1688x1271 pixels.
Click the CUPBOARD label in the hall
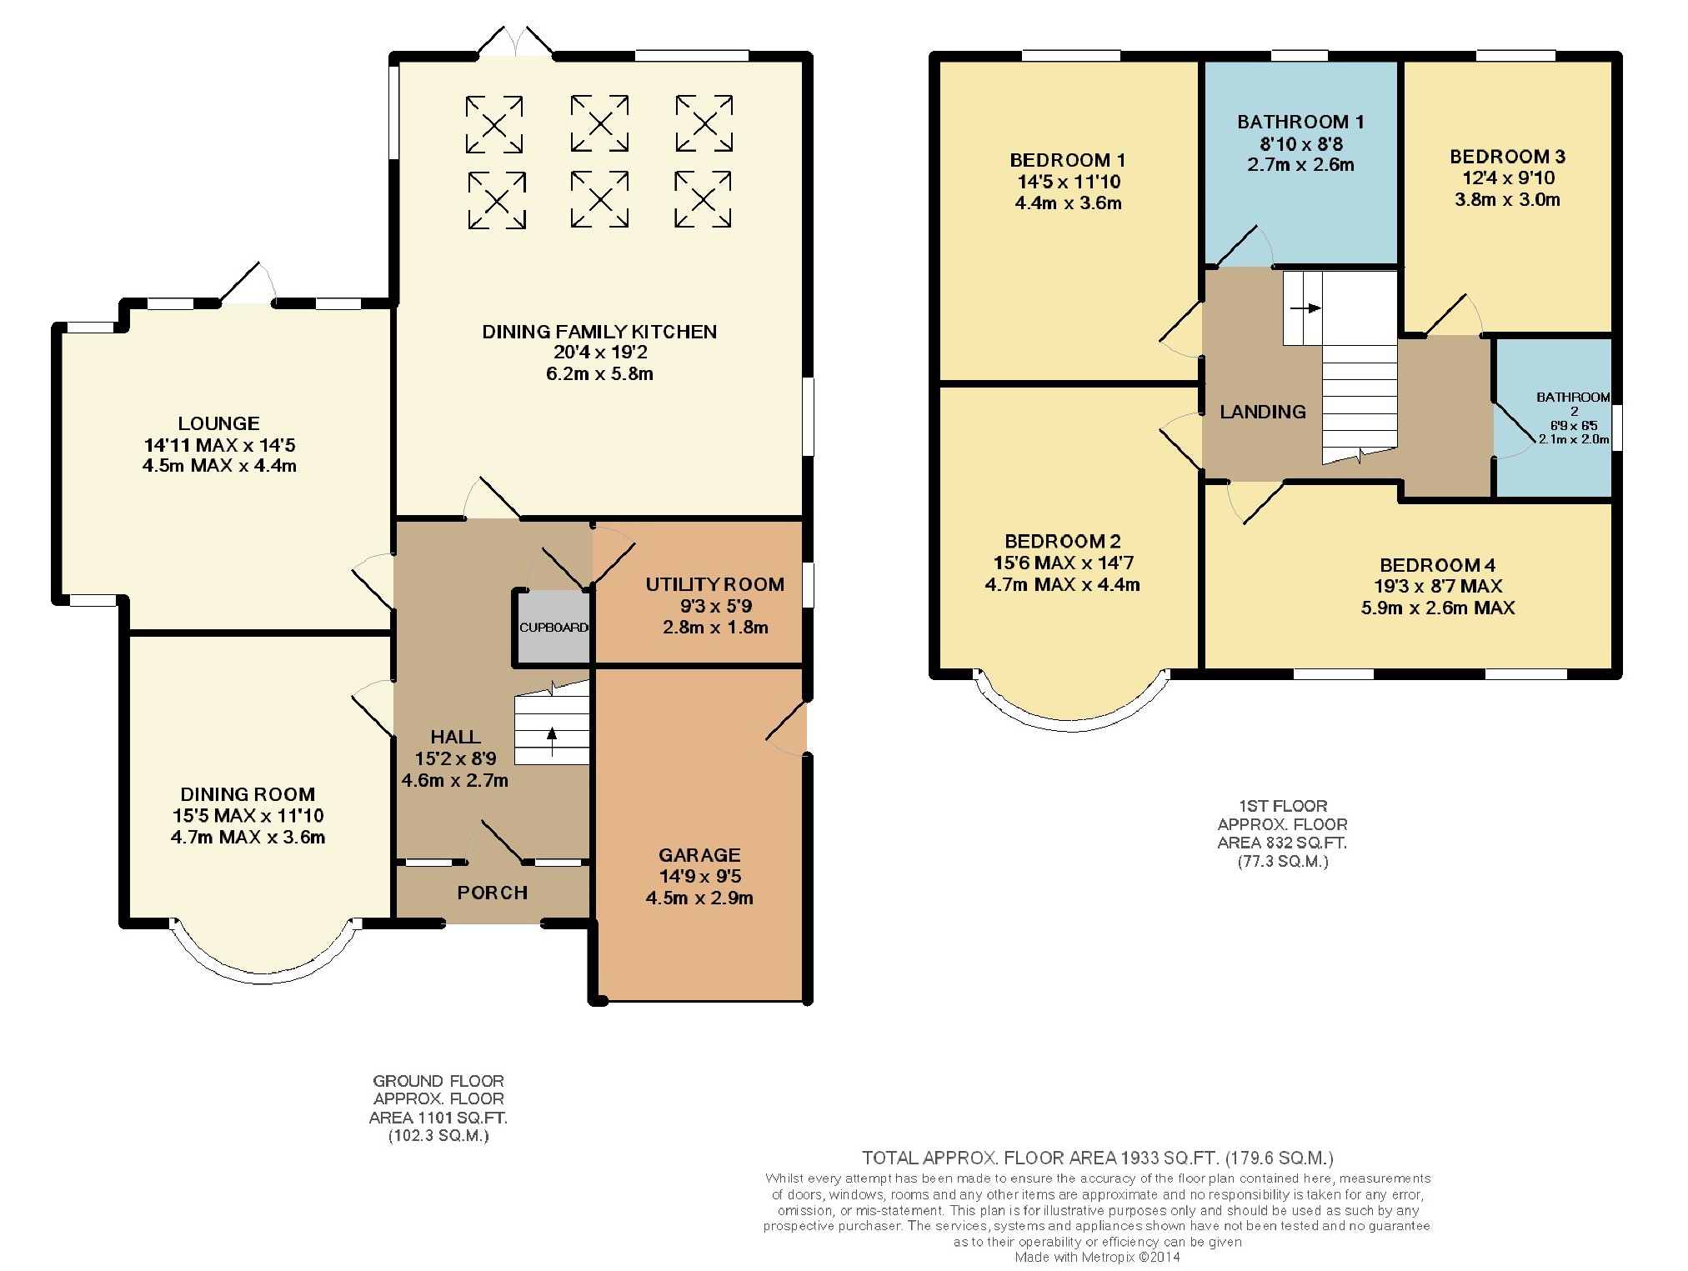(553, 628)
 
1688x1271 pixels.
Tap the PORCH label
(493, 893)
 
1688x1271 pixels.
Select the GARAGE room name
(699, 855)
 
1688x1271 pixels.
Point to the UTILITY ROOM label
(715, 584)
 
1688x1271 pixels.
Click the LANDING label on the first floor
(1263, 412)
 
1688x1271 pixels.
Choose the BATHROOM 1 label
(1300, 122)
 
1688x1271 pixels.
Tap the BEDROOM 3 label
(1507, 157)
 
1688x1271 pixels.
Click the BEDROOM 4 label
(1438, 565)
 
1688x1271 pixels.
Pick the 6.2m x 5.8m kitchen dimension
(599, 374)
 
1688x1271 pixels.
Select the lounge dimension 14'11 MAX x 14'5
(219, 445)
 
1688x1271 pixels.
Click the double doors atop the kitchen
(516, 42)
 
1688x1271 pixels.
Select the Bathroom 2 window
(1616, 428)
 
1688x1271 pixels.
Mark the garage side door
(786, 728)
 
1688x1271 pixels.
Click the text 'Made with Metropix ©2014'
(1097, 1257)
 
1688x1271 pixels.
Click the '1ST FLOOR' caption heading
(1283, 806)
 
